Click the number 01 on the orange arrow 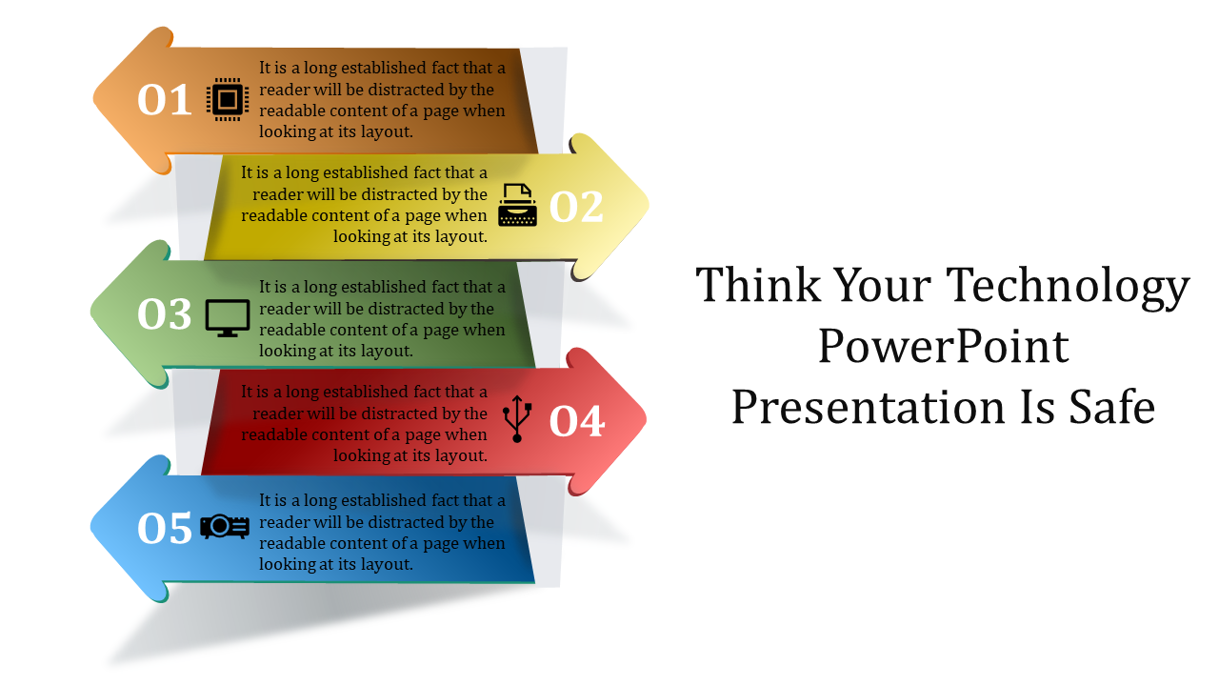[x=165, y=100]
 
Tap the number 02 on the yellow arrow [x=576, y=207]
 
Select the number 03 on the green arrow [x=165, y=314]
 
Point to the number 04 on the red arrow [x=577, y=421]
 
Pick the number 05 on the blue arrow [x=165, y=528]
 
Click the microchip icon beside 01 [x=228, y=100]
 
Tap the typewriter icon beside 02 [x=517, y=205]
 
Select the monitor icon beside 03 [x=228, y=318]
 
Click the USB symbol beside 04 [x=517, y=418]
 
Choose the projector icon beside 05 [x=225, y=527]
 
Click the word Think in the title [x=758, y=285]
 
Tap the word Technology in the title [x=1068, y=288]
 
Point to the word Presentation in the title [x=868, y=407]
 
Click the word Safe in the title [x=1111, y=407]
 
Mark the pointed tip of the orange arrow [x=93, y=100]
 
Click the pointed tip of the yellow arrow [x=649, y=205]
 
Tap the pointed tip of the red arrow [x=647, y=419]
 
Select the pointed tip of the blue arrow [x=90, y=527]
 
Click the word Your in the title [x=883, y=285]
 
